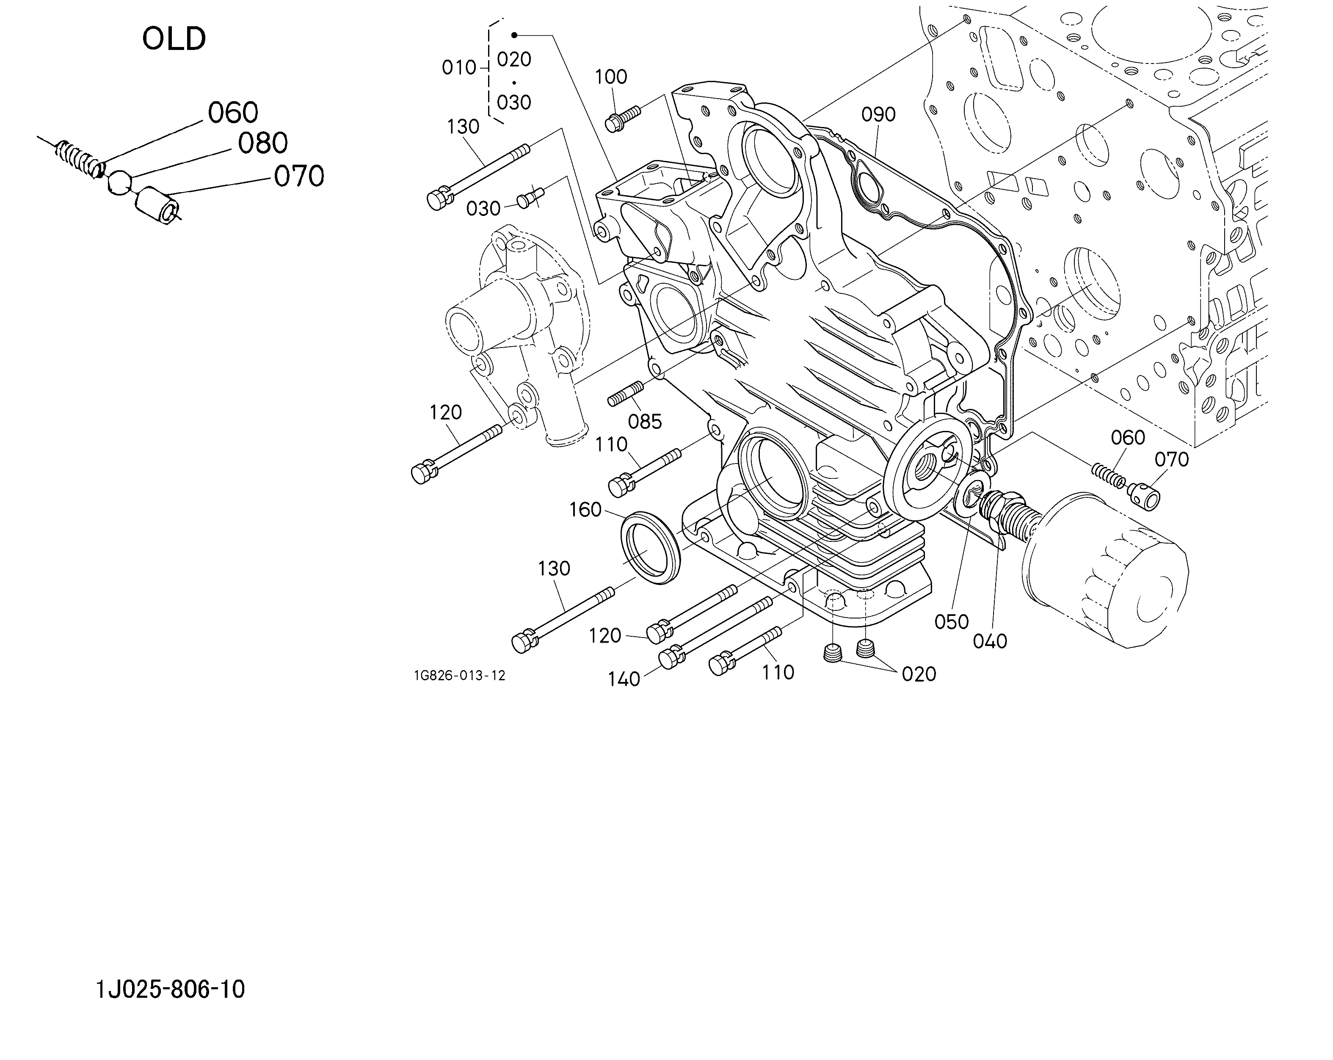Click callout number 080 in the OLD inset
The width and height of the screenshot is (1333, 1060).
pos(263,144)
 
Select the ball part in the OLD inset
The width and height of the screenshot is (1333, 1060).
pos(119,182)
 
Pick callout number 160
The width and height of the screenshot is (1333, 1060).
pos(585,510)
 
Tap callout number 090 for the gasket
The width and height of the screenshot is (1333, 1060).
pos(878,114)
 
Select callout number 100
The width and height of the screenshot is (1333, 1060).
pos(611,77)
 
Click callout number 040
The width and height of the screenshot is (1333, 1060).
pos(990,642)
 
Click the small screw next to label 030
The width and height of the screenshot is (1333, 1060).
pos(530,198)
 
